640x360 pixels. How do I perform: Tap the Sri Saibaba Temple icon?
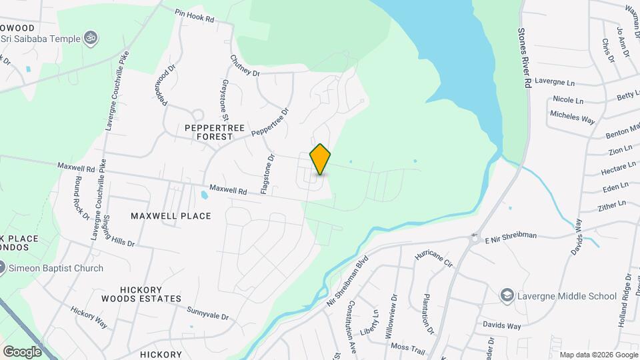click(x=92, y=38)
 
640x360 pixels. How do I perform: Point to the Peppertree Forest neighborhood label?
click(x=205, y=131)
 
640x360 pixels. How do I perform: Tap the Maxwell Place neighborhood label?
click(x=171, y=216)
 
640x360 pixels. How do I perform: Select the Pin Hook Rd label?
click(x=194, y=17)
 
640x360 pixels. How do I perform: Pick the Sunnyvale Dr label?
click(x=208, y=314)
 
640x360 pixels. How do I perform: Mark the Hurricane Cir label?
click(x=433, y=257)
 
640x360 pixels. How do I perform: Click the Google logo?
click(x=23, y=351)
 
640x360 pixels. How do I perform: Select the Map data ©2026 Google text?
click(x=598, y=355)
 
